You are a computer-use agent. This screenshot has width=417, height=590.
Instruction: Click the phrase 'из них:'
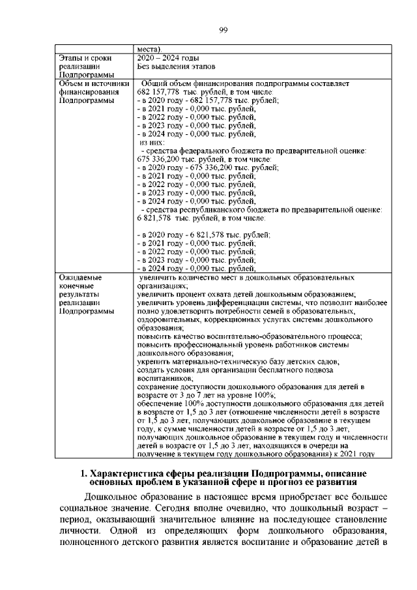(152, 142)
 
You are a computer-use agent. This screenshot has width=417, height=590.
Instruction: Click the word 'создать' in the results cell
(151, 369)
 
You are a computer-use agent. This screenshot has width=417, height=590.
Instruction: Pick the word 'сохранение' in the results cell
(158, 387)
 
